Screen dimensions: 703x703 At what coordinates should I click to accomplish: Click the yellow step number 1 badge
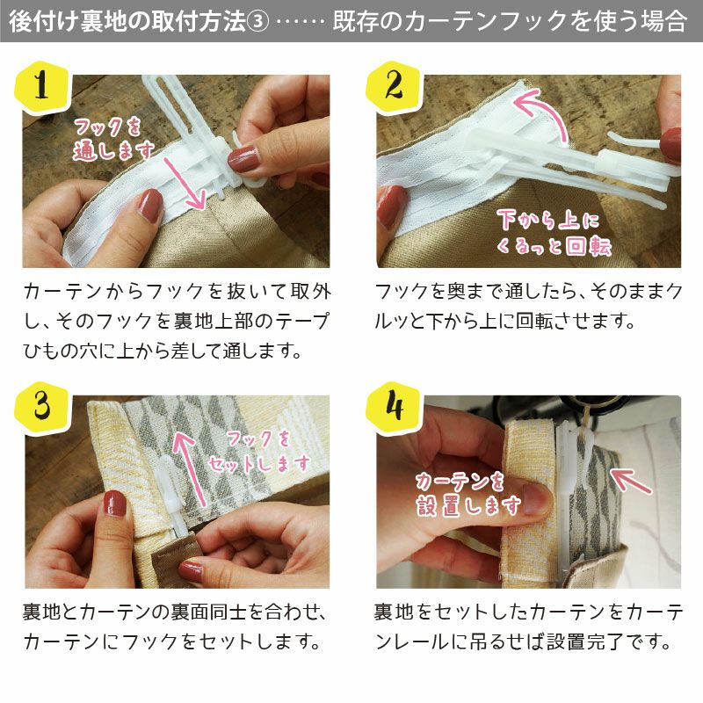coord(42,87)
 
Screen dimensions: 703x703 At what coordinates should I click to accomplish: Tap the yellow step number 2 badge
coord(394,87)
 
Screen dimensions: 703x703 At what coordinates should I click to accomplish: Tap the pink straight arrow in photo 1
coord(185,183)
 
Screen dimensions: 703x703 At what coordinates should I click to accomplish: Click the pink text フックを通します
coord(113,139)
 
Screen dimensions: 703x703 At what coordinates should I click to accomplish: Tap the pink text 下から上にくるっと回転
coord(554,232)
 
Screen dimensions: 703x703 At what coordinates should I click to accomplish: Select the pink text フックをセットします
coord(259,452)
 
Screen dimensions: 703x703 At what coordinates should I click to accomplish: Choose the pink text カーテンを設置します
coord(468,494)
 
